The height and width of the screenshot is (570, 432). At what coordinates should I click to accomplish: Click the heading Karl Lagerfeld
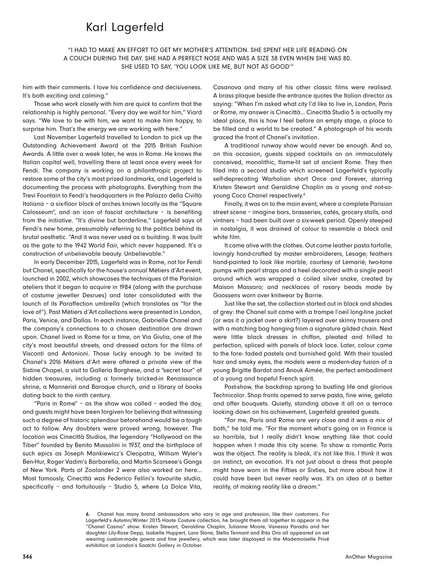(125, 28)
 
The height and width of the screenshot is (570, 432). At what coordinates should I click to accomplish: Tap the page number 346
(27, 557)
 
